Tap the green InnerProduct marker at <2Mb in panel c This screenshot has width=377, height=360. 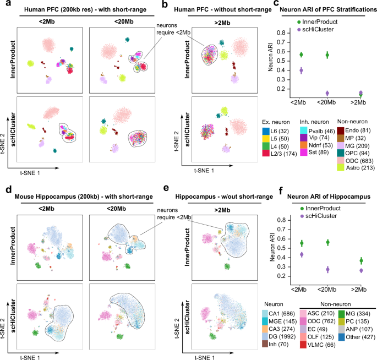coord(301,54)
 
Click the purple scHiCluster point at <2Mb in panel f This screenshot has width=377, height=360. coord(301,254)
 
